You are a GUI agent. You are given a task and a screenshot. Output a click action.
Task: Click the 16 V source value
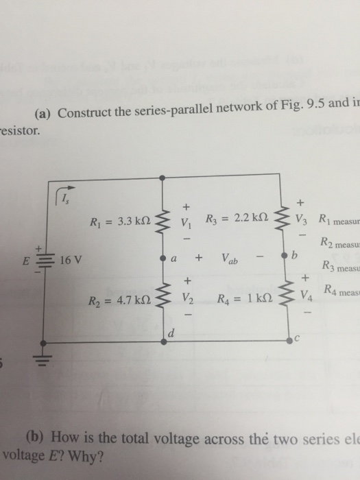[x=71, y=260]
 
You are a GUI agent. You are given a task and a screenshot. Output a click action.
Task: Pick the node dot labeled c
[x=280, y=339]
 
